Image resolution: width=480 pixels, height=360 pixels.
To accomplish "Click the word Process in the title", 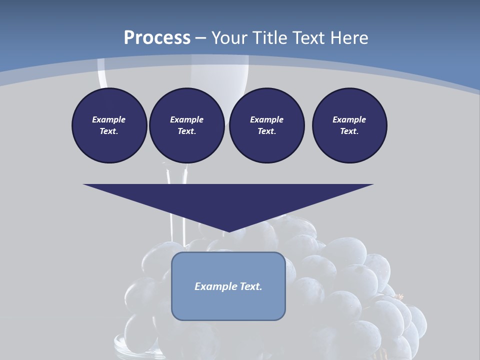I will click(157, 38).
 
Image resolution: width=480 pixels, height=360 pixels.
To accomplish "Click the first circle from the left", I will click(109, 125).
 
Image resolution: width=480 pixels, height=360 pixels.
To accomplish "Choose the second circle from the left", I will click(186, 125).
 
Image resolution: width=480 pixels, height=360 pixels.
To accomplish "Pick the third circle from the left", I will click(266, 125).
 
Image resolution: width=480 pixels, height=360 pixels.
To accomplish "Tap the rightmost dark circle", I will click(349, 125).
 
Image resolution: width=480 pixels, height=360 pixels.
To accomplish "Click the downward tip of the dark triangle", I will click(228, 231).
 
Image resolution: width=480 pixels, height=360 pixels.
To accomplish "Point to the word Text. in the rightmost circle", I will click(349, 131).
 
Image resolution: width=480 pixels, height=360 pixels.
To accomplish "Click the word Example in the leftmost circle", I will click(109, 119).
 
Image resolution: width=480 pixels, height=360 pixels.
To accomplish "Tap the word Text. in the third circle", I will click(266, 131).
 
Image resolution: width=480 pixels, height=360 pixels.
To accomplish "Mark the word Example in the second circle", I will click(186, 119).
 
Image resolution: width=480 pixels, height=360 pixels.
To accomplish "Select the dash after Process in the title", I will click(200, 38).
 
